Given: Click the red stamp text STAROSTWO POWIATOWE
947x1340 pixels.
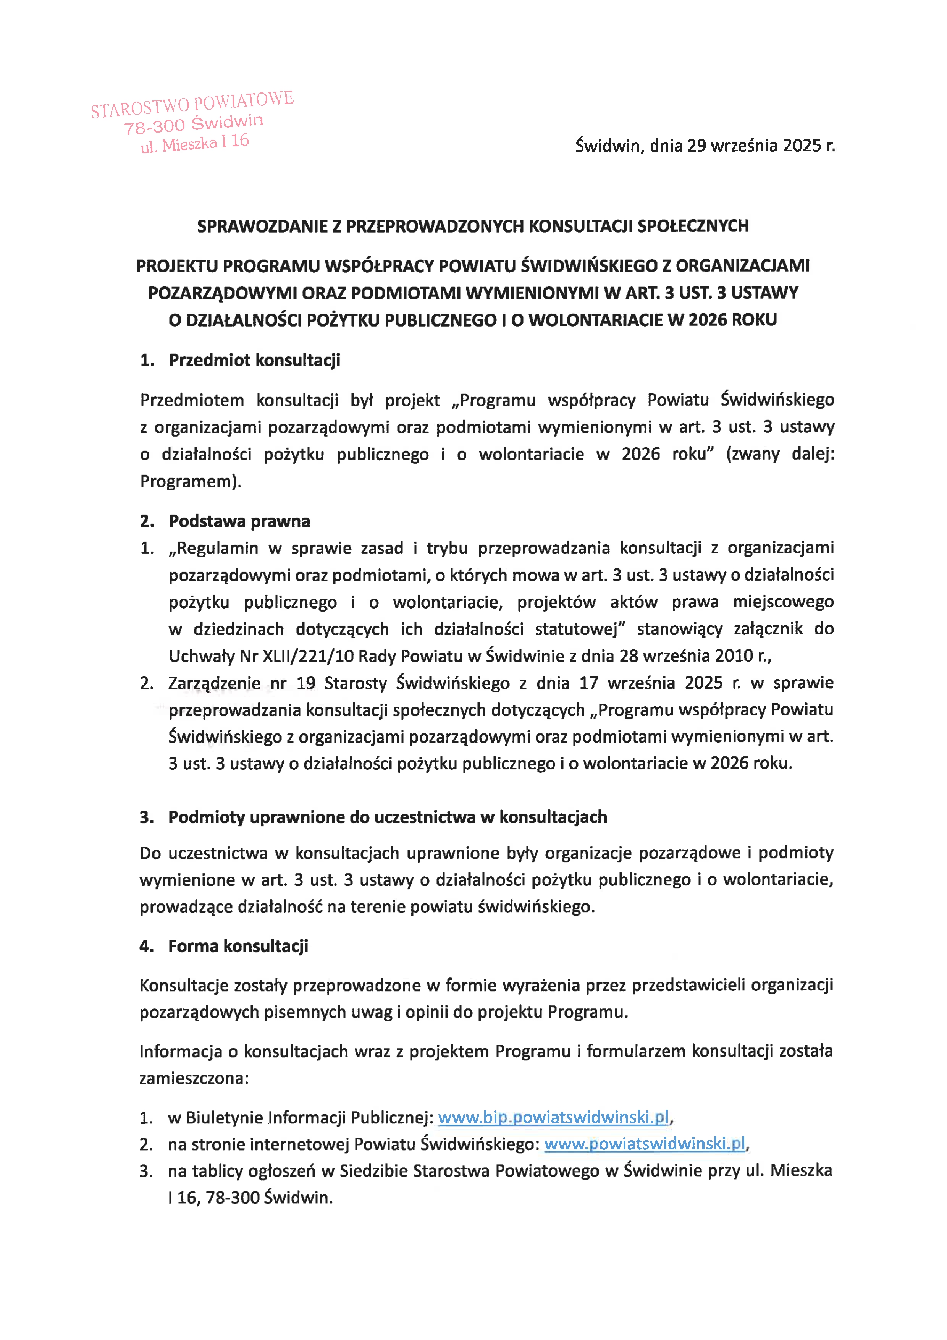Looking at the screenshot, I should coord(192,104).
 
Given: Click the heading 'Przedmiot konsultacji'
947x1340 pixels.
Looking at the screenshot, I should coord(254,360).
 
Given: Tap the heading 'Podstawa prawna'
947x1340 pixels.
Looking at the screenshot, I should coord(239,521).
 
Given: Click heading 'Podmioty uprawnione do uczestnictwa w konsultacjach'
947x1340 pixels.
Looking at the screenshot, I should coord(388,817).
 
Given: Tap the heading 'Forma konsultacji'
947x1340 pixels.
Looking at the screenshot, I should coord(238,946).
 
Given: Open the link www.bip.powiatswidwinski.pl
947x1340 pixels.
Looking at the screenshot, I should coord(553,1118).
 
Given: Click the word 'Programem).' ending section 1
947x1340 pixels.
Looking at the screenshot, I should coord(190,481).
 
